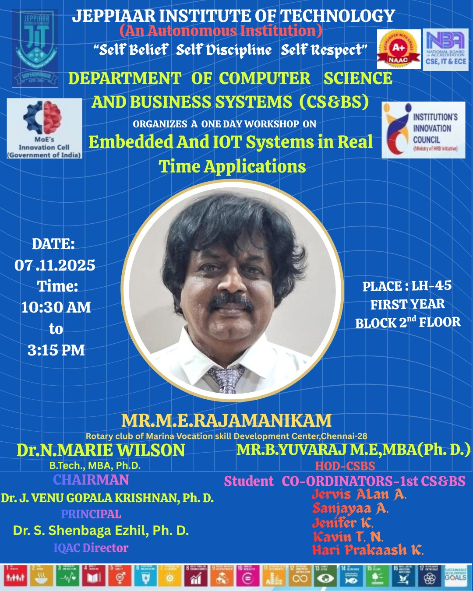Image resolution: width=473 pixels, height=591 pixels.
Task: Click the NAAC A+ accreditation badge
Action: [x=399, y=49]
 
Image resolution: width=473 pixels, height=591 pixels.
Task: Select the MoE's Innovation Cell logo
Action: [x=44, y=128]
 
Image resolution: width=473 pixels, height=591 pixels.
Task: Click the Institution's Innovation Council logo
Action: [x=423, y=130]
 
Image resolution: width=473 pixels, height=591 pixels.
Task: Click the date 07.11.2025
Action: [x=55, y=265]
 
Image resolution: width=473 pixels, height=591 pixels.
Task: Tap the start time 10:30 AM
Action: [x=56, y=307]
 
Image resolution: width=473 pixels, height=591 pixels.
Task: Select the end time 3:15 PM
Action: [x=56, y=350]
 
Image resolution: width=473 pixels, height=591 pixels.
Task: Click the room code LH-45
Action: [x=431, y=286]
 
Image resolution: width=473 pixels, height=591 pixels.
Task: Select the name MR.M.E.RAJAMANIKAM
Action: [x=226, y=420]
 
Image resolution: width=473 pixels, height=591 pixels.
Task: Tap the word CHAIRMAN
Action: [x=91, y=480]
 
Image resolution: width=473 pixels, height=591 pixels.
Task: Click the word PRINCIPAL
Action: [x=91, y=514]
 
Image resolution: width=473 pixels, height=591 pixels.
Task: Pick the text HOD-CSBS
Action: [x=345, y=466]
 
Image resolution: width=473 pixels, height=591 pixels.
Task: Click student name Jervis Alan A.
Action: [x=359, y=495]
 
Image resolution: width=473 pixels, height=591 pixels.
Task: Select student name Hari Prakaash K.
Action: [x=368, y=550]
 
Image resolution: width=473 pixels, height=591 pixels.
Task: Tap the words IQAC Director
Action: [x=91, y=548]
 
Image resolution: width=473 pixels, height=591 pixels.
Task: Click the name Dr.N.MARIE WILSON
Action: [x=101, y=450]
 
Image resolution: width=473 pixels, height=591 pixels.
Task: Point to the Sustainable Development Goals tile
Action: [x=455, y=575]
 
